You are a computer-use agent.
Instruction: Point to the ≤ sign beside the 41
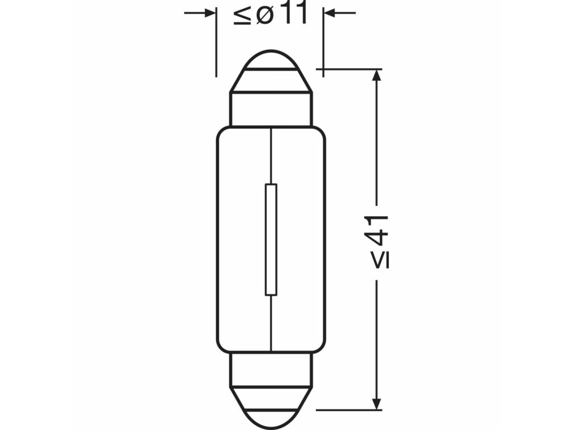(381, 259)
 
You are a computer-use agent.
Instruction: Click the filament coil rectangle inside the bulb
(271, 240)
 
